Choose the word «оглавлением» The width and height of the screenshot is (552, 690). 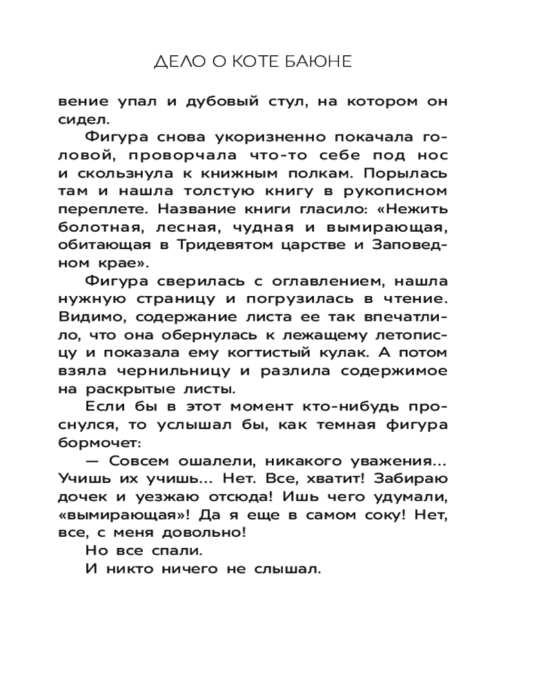[x=284, y=281]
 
